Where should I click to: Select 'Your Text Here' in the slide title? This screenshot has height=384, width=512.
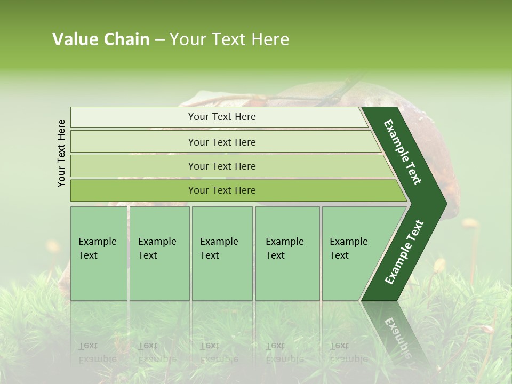point(229,39)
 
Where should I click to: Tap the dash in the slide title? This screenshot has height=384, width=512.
point(159,40)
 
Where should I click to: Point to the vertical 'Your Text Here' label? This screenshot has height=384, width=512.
point(61,153)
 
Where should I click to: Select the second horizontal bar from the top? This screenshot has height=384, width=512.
point(221,142)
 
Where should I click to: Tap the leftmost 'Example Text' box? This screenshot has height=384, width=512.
point(99,253)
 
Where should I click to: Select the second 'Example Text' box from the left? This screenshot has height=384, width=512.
point(159,253)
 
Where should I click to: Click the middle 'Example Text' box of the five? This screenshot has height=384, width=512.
point(222,253)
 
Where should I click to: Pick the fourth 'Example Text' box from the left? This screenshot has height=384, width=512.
point(287,253)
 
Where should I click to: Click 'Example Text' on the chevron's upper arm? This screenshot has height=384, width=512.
point(403,152)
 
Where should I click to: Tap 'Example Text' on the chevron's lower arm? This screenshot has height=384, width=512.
point(404,252)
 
